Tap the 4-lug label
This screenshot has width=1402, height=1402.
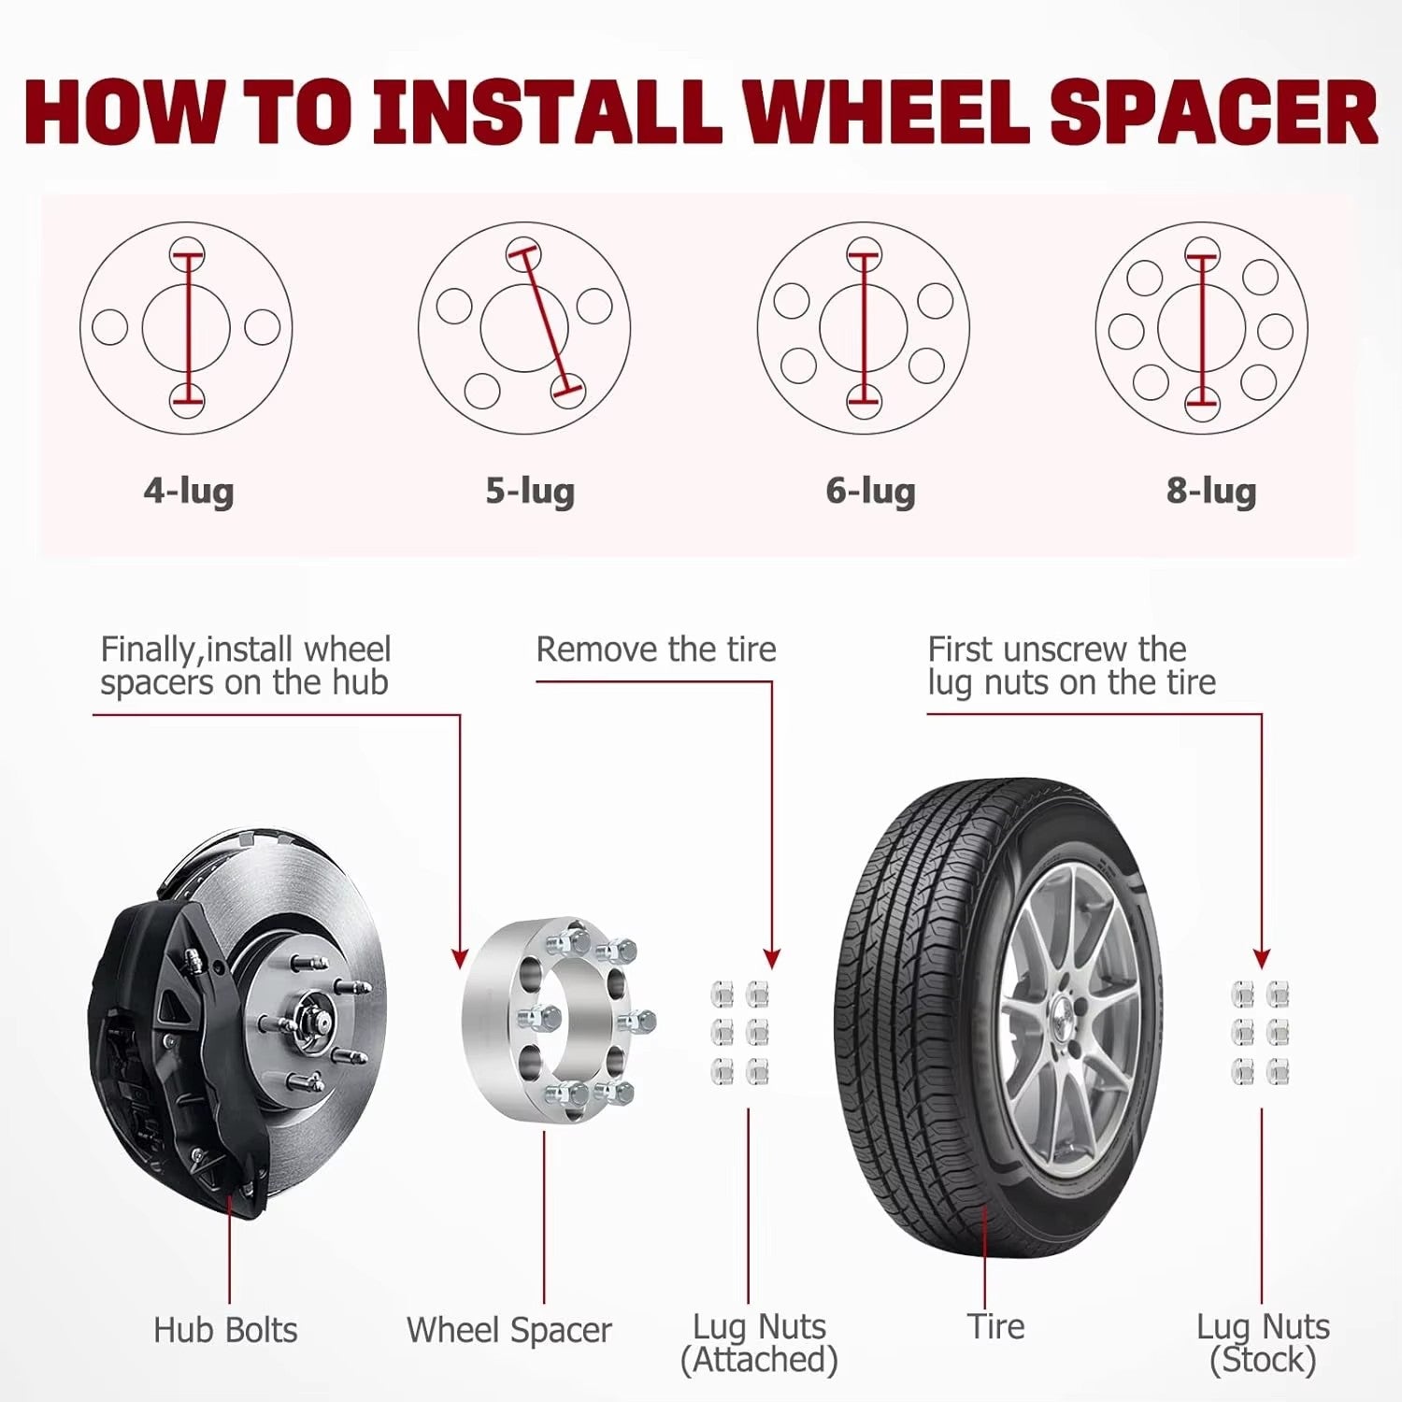click(x=189, y=491)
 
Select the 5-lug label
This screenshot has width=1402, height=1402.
click(x=530, y=491)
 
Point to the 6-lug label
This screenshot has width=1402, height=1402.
click(x=870, y=491)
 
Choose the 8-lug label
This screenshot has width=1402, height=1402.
click(x=1211, y=491)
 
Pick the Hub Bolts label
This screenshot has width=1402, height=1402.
click(x=225, y=1330)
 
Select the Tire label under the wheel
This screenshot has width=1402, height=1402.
click(x=996, y=1326)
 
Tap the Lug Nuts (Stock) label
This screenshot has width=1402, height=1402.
click(x=1263, y=1343)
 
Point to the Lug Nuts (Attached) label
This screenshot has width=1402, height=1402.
click(x=759, y=1343)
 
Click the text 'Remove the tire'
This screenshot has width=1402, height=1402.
click(x=656, y=649)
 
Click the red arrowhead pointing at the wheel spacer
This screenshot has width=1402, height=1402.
click(x=460, y=959)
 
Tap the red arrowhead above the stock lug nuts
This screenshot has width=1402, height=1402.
click(x=1262, y=959)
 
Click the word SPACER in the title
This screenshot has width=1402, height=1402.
click(x=1214, y=112)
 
